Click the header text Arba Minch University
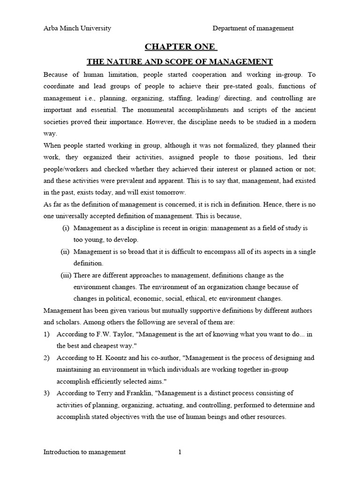[77, 28]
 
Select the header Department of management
[253, 28]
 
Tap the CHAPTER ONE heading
[180, 46]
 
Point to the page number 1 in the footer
[180, 452]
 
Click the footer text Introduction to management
[84, 452]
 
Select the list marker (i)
[66, 228]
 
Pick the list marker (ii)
[65, 252]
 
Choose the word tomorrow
[173, 193]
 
